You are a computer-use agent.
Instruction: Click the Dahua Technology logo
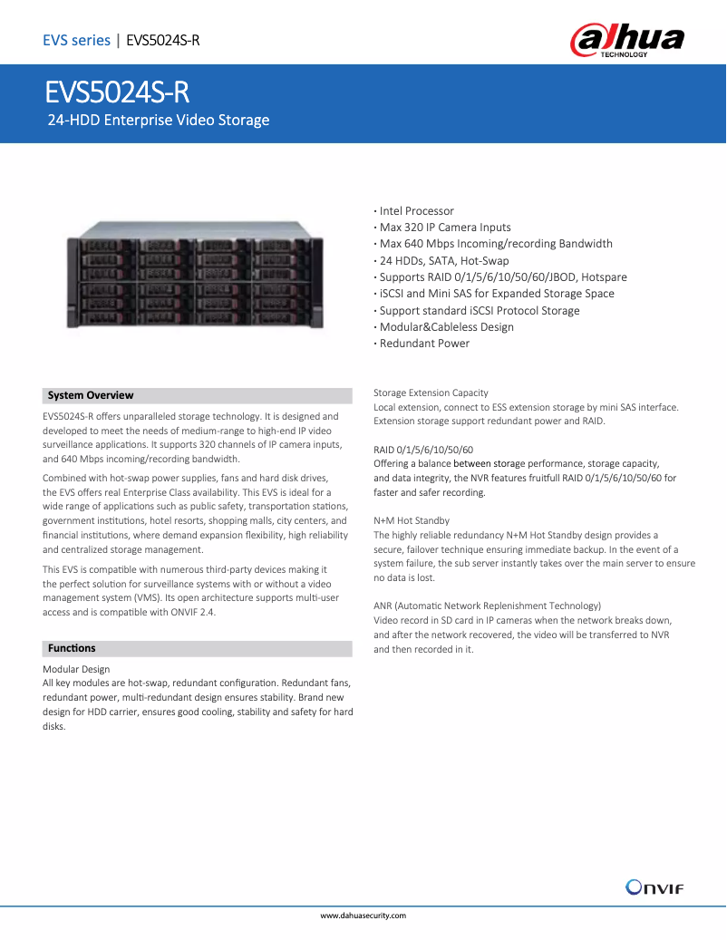[626, 42]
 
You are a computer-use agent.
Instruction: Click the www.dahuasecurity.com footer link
[363, 916]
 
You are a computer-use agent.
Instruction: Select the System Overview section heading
[91, 395]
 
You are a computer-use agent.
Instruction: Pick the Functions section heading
[72, 648]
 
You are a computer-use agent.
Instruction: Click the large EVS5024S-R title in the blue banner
[118, 94]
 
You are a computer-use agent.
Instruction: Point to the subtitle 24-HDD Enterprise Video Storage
[159, 120]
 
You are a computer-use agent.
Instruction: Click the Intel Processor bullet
[416, 211]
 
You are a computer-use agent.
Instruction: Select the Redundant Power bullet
[423, 344]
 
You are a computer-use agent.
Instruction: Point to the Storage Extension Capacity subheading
[431, 392]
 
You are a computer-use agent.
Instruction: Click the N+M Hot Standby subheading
[412, 521]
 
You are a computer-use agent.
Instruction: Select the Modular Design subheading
[76, 669]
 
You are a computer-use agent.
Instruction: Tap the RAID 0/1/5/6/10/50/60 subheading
[423, 450]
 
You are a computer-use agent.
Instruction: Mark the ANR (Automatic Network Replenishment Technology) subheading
[487, 606]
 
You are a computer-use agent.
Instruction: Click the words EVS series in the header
[76, 40]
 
